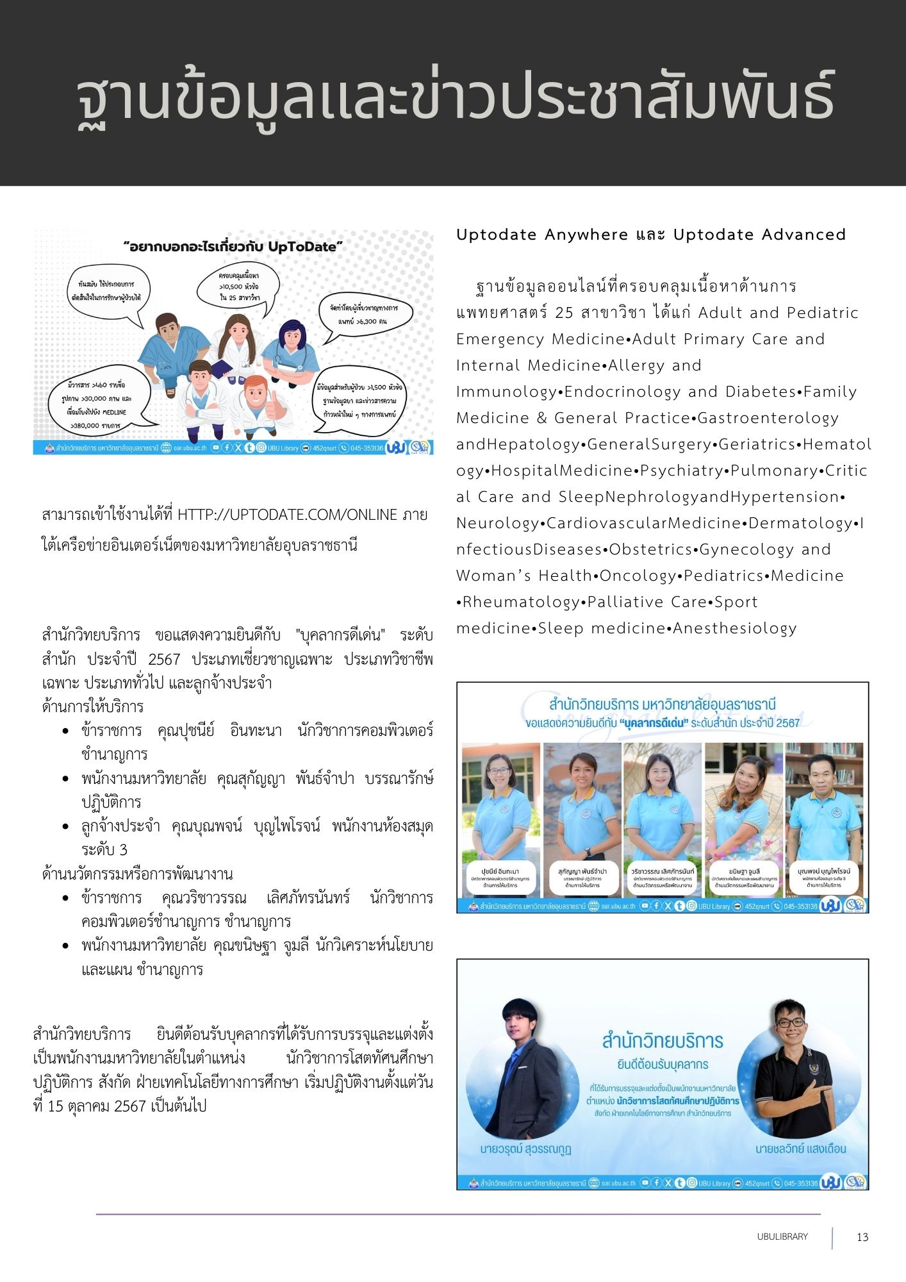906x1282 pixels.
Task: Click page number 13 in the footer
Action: [x=862, y=1237]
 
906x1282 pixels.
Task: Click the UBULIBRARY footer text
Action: [x=782, y=1236]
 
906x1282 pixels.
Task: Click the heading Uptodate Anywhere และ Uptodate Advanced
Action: [x=651, y=235]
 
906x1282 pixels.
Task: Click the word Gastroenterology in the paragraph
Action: [x=768, y=419]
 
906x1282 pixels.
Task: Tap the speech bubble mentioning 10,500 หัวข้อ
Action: [x=239, y=288]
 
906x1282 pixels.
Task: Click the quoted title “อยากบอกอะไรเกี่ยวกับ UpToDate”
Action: [x=233, y=246]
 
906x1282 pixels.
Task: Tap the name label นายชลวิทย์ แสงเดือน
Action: [x=800, y=1149]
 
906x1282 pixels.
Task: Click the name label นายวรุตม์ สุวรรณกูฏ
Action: [x=525, y=1149]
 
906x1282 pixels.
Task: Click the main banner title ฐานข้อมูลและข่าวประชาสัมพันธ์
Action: [x=455, y=96]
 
